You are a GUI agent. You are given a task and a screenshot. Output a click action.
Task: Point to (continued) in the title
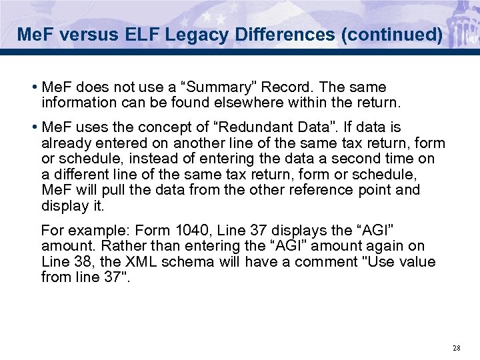coord(391,34)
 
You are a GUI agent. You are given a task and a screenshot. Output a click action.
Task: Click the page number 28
coord(456,347)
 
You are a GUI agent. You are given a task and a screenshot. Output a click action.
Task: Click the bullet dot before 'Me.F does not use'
coord(34,88)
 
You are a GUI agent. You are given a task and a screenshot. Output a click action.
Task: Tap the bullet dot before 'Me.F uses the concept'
coord(34,127)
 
